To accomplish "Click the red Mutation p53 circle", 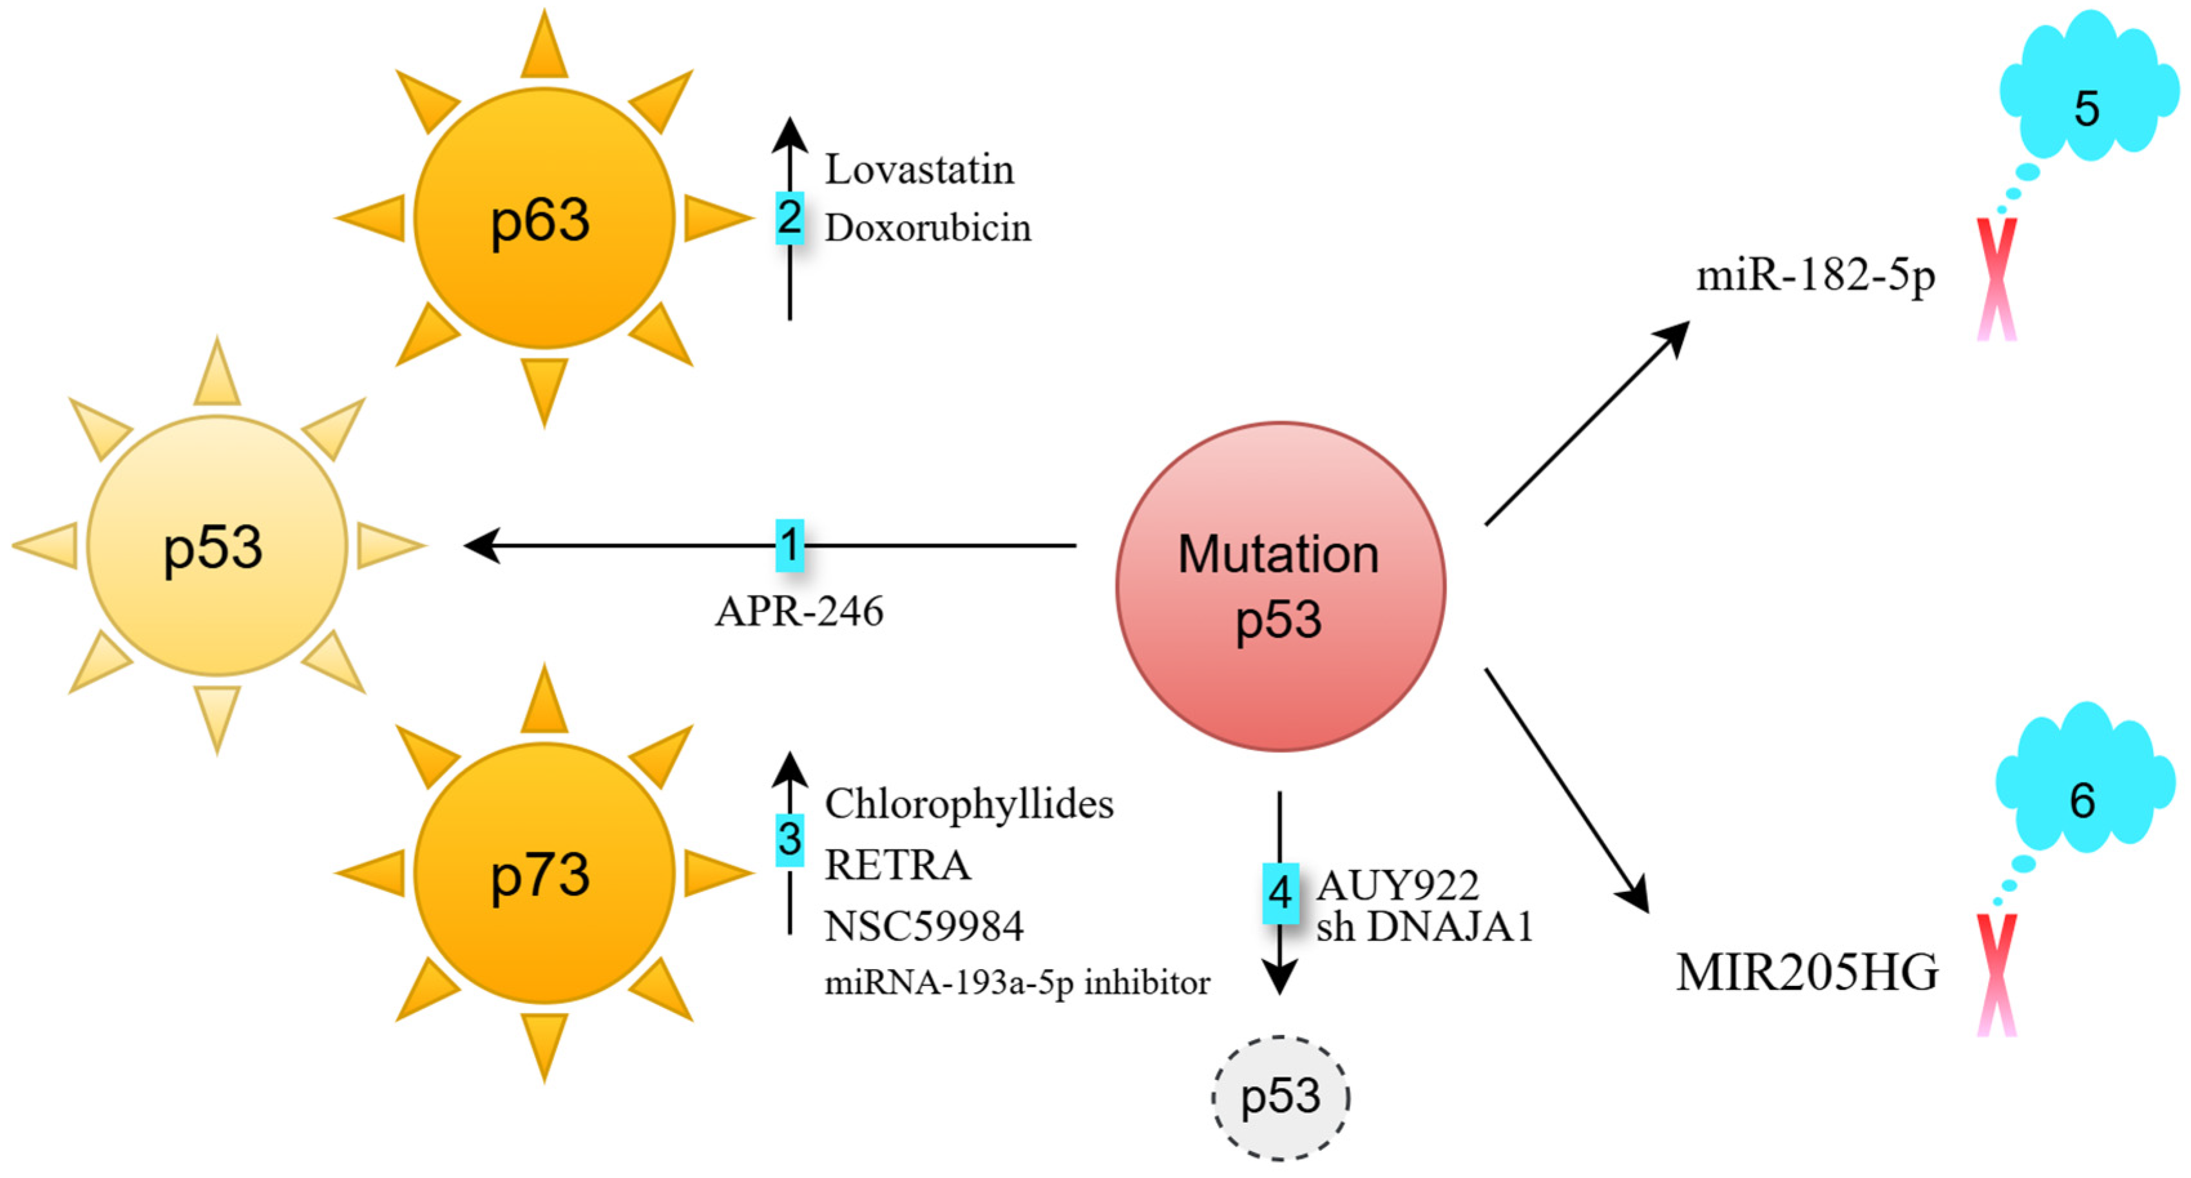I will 1280,587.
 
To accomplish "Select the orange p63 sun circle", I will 544,218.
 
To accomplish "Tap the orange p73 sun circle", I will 544,873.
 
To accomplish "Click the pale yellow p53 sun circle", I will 217,546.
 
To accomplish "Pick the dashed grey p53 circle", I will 1280,1097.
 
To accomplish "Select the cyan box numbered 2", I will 789,218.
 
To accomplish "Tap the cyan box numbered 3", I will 789,840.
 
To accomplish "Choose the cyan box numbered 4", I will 1280,893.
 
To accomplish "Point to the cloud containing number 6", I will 2084,782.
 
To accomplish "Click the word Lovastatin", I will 919,169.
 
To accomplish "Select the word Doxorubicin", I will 928,228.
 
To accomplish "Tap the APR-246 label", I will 799,611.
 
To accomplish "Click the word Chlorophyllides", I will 969,804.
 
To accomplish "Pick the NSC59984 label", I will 924,926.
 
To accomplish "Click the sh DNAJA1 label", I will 1424,927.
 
